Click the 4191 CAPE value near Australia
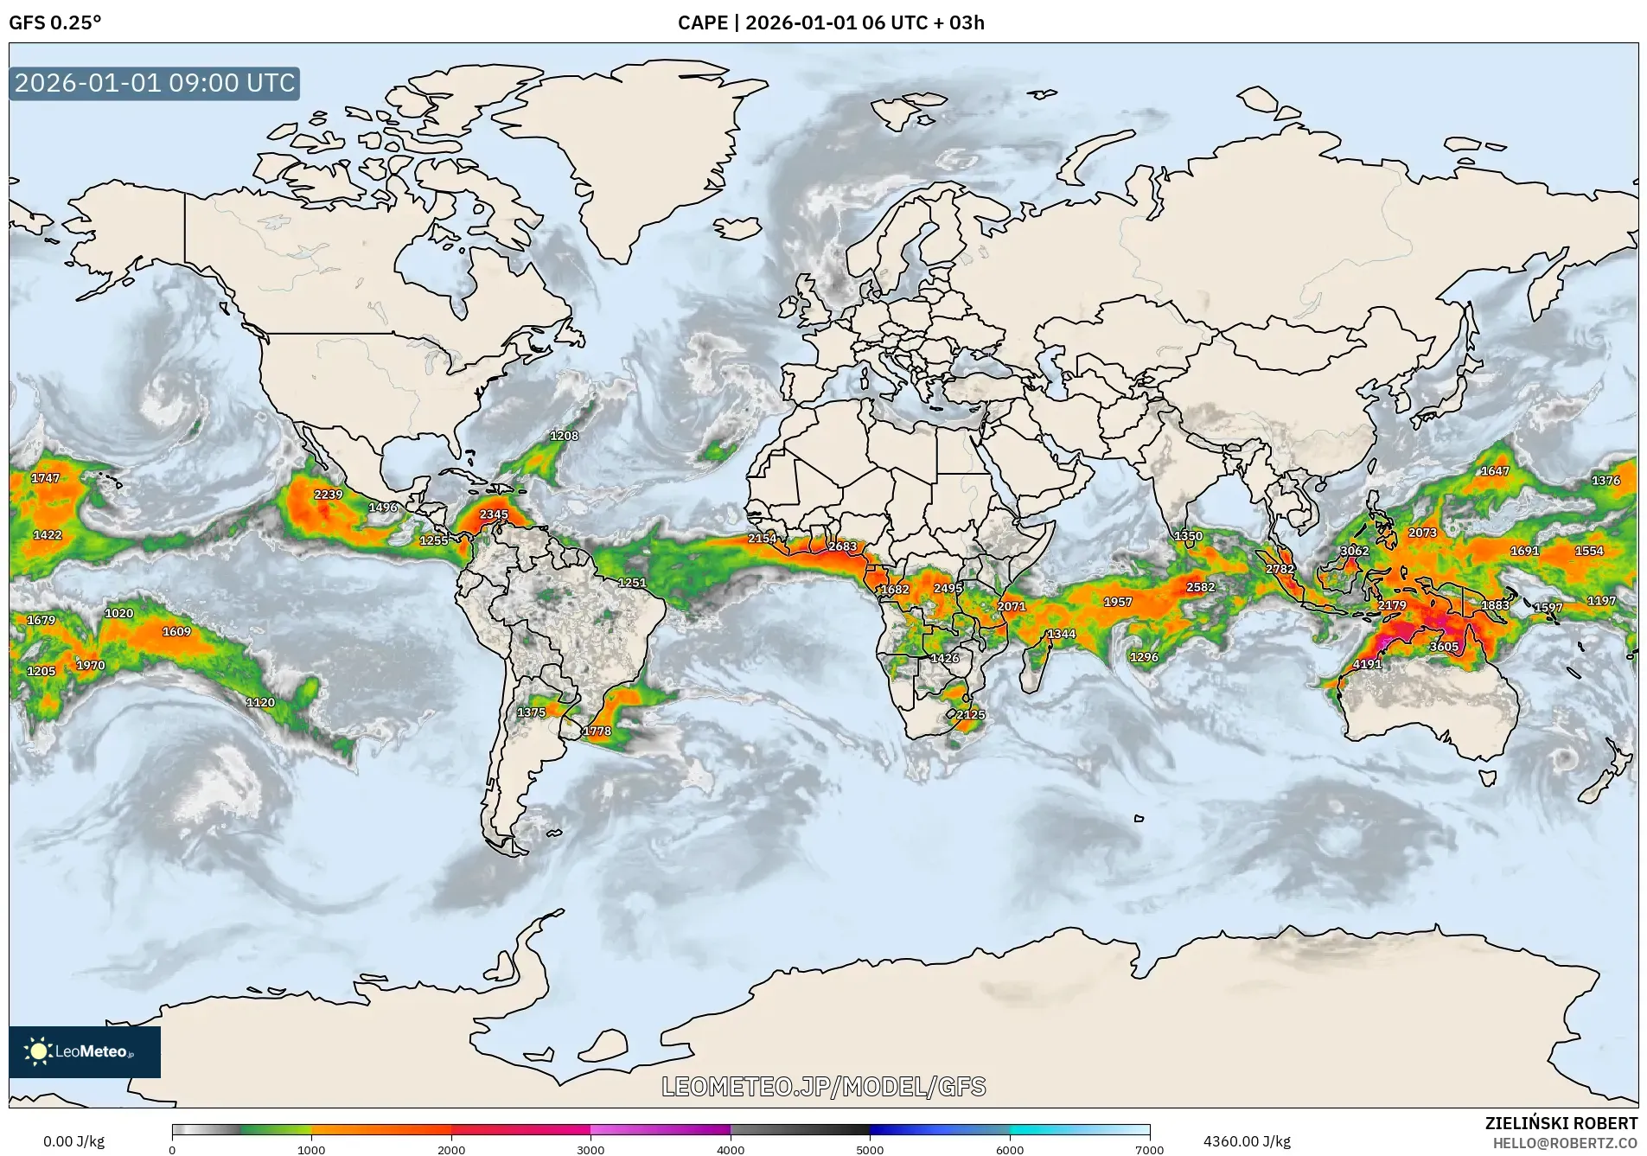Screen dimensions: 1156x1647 [x=1367, y=664]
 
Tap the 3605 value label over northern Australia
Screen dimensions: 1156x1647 [x=1444, y=647]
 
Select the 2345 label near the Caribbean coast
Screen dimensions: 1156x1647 [x=494, y=514]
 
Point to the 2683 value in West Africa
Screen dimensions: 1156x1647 [x=842, y=546]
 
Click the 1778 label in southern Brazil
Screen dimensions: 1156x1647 [x=597, y=731]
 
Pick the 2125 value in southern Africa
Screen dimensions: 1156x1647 [x=970, y=715]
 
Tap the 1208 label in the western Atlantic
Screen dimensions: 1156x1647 [x=564, y=436]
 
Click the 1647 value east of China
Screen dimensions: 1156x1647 [x=1495, y=471]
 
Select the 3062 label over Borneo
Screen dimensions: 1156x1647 [x=1354, y=551]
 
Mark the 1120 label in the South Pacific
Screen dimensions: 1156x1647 [x=260, y=703]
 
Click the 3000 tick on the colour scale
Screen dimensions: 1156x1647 [x=590, y=1149]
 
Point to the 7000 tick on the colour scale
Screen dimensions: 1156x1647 [x=1149, y=1149]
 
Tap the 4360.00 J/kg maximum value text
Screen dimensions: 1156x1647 [x=1247, y=1141]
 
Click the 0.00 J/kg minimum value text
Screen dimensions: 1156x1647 [x=73, y=1141]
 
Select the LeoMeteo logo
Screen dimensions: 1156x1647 [x=84, y=1051]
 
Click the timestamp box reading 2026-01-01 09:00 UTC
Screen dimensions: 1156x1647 [x=155, y=83]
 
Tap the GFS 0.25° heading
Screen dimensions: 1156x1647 [x=54, y=22]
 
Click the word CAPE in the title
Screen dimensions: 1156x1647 [x=701, y=22]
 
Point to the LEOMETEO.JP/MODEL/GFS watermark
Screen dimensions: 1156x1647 [x=823, y=1087]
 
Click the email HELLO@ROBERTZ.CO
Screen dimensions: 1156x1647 [x=1565, y=1143]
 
